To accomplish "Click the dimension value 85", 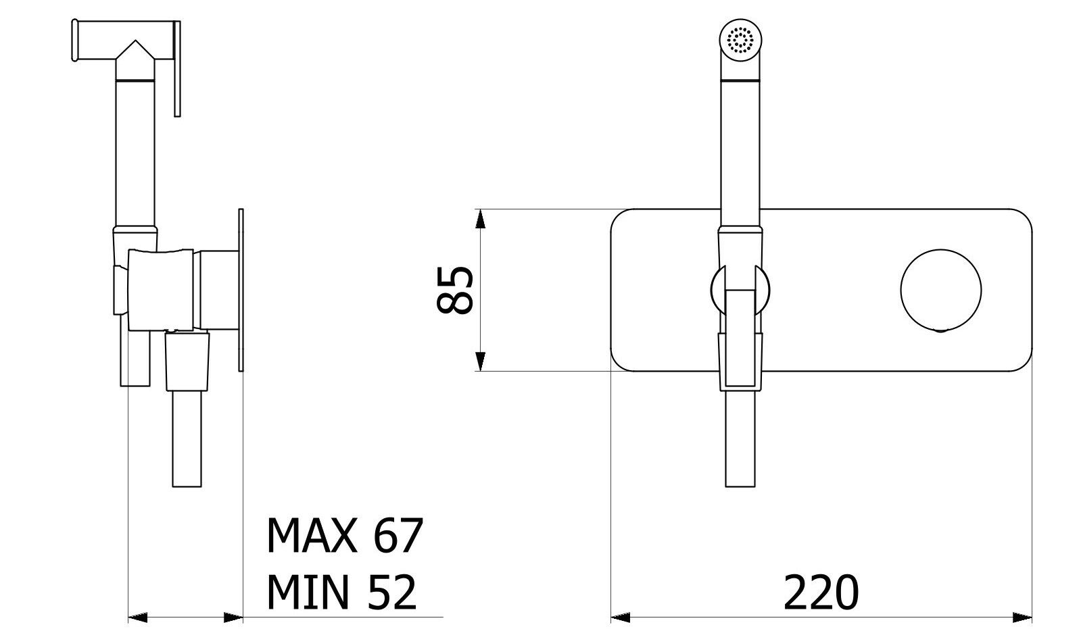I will point(455,290).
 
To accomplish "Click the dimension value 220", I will point(821,592).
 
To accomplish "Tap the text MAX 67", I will point(345,536).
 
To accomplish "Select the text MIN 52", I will point(341,592).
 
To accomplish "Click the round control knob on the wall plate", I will point(940,290).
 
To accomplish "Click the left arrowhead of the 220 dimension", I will point(620,616).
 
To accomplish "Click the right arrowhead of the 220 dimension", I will point(1022,616).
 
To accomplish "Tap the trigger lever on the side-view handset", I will point(176,68).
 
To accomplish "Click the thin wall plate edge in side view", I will point(240,290).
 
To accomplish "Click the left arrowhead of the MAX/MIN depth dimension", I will point(138,616).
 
